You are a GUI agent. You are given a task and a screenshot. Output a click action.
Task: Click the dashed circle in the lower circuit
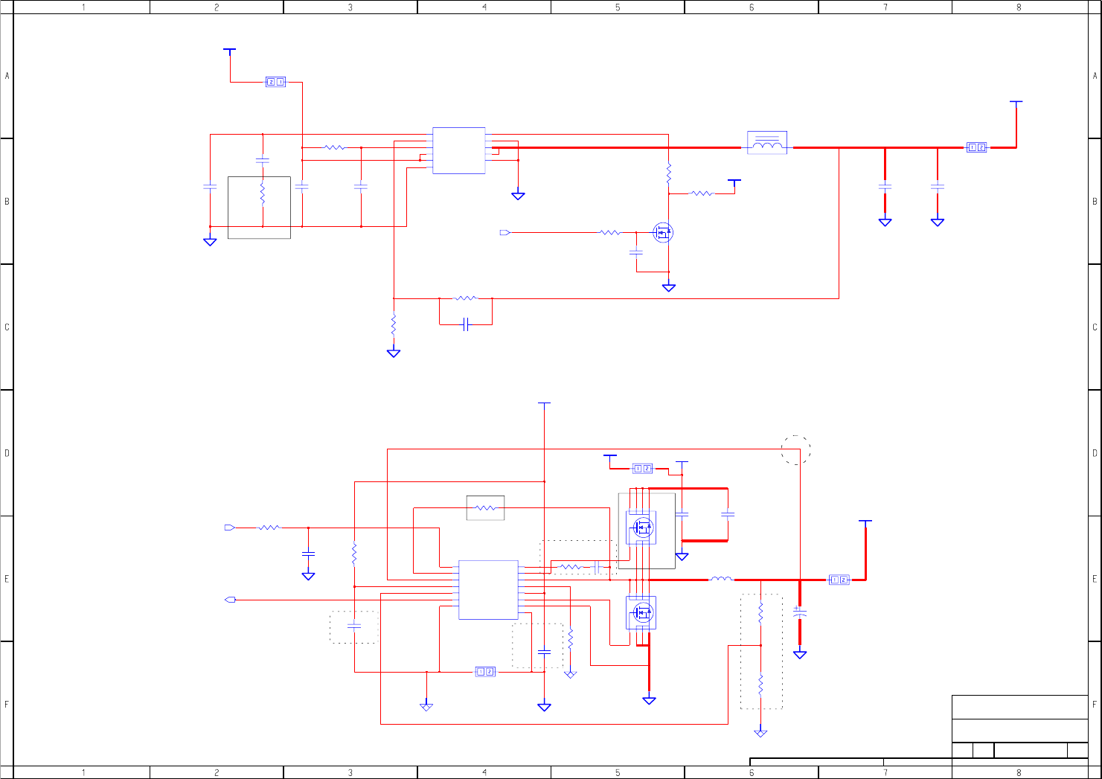[x=795, y=450]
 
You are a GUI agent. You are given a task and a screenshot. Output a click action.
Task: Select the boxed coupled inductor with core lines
[x=767, y=143]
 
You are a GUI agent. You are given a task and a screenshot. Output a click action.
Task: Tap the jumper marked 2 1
[x=275, y=82]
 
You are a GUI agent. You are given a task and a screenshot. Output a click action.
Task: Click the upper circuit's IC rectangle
[x=458, y=150]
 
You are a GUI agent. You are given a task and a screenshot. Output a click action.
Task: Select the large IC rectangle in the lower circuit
[x=488, y=589]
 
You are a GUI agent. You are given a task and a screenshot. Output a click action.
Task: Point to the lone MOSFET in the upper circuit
[x=663, y=233]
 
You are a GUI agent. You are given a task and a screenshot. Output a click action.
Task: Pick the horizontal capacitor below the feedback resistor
[x=466, y=324]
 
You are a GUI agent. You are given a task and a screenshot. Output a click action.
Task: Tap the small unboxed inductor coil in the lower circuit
[x=720, y=579]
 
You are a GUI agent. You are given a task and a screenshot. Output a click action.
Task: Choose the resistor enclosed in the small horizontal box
[x=485, y=508]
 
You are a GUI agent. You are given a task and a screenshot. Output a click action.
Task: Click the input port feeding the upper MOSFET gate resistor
[x=505, y=233]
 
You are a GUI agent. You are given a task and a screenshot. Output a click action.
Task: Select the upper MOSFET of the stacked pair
[x=641, y=528]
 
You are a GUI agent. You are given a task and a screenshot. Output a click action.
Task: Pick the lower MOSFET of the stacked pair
[x=641, y=612]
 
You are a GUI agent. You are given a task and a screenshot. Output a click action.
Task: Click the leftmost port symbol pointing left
[x=230, y=600]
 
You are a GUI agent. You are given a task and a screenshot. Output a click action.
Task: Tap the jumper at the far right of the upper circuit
[x=976, y=147]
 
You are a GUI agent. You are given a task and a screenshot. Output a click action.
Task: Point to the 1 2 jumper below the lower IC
[x=485, y=672]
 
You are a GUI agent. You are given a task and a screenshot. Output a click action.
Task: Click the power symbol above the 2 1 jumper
[x=230, y=51]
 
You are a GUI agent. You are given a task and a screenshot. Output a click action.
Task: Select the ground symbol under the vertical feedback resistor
[x=394, y=353]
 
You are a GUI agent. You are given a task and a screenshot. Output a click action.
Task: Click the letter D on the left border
[x=7, y=452]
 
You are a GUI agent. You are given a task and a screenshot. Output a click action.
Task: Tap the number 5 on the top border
[x=618, y=7]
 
